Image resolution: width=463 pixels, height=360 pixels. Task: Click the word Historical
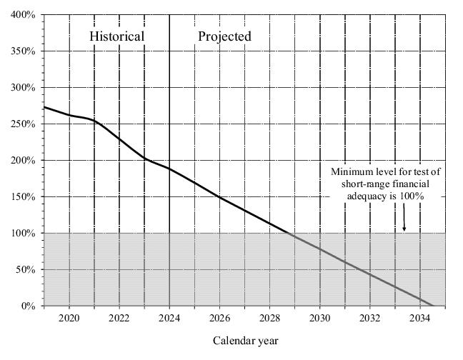(116, 36)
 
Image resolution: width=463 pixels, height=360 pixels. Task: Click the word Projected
(224, 36)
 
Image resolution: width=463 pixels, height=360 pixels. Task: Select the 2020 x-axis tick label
(69, 318)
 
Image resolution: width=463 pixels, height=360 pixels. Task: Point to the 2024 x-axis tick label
(169, 318)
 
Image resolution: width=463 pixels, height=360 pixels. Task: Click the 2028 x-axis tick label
(269, 318)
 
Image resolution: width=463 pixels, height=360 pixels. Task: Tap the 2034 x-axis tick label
(419, 318)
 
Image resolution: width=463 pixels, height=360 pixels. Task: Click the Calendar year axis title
(245, 341)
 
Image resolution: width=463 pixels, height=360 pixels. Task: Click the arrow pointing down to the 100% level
(404, 219)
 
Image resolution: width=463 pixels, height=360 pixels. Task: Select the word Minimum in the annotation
(352, 171)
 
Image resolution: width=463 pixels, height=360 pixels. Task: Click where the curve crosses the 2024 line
(169, 169)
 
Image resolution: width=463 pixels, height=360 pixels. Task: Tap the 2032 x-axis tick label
(369, 318)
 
